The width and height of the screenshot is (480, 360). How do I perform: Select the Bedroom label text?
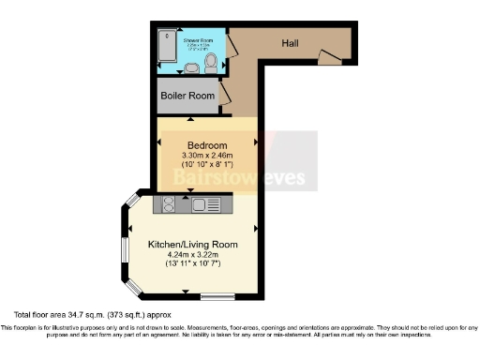(x=206, y=145)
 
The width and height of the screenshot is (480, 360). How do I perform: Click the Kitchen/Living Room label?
(x=192, y=245)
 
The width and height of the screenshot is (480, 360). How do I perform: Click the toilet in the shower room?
(x=213, y=64)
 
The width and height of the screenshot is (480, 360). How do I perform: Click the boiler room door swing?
(x=225, y=95)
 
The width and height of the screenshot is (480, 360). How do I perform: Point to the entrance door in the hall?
(x=330, y=58)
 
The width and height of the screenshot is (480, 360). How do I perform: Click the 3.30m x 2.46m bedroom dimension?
(x=206, y=157)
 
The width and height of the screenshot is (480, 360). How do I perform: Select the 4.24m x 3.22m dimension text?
(x=192, y=255)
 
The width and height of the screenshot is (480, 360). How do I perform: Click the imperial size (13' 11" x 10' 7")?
(x=192, y=265)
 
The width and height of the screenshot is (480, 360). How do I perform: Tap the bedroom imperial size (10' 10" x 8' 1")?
(x=206, y=167)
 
